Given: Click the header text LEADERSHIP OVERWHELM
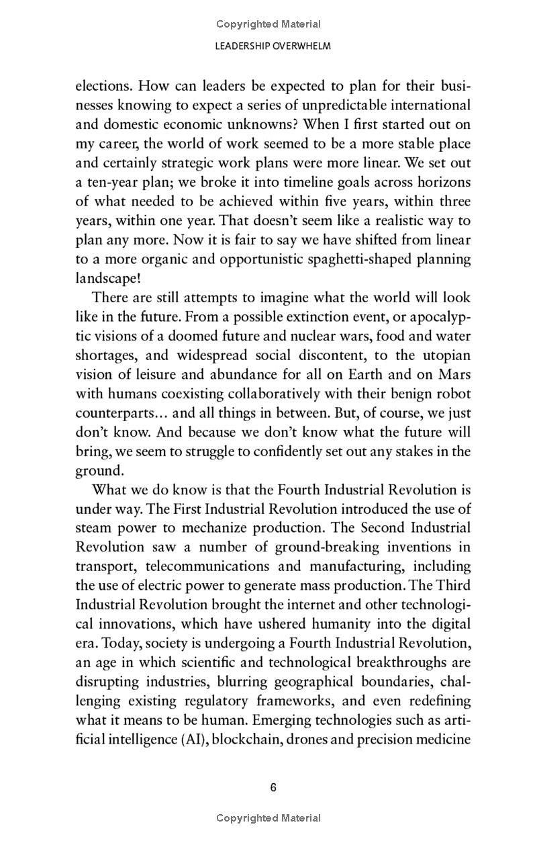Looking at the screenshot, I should [x=268, y=46].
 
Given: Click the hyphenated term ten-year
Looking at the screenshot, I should [x=111, y=182].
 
